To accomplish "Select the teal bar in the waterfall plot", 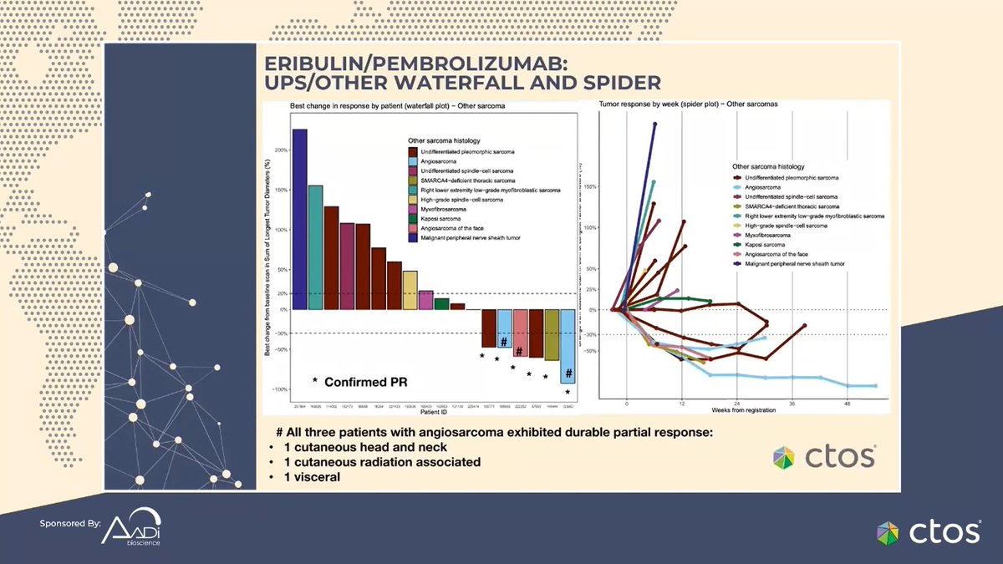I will click(315, 247).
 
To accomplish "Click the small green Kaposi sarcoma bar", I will click(441, 303).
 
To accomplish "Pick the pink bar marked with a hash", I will click(520, 333).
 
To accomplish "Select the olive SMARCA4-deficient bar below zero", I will click(552, 334).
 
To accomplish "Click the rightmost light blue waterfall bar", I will click(568, 346).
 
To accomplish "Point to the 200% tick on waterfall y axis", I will click(280, 150).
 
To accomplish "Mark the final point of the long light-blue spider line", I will click(875, 386).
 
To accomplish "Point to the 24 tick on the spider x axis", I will click(736, 403).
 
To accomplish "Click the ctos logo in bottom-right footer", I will click(927, 531).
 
